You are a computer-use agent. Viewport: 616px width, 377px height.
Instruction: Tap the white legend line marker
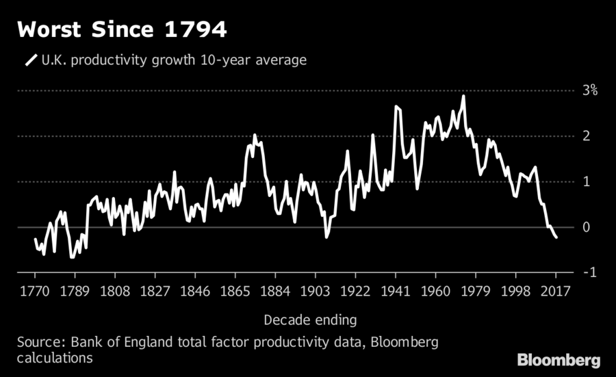click(x=31, y=60)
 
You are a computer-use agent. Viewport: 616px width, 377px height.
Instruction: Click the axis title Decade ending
click(x=310, y=319)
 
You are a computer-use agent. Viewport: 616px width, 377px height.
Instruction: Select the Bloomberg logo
click(x=559, y=359)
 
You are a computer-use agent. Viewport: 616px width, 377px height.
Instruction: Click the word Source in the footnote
click(x=38, y=341)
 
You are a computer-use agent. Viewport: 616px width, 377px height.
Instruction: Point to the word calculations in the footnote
click(x=55, y=358)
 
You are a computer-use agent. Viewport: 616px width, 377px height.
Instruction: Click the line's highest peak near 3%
click(x=463, y=96)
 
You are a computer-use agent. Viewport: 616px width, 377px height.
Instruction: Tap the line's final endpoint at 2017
click(x=556, y=237)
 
